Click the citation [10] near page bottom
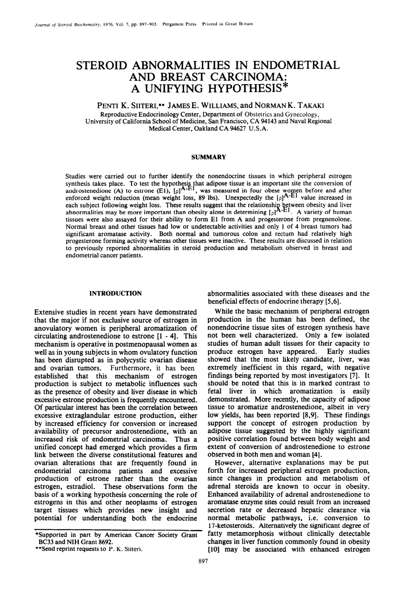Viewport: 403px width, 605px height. (x=213, y=549)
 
